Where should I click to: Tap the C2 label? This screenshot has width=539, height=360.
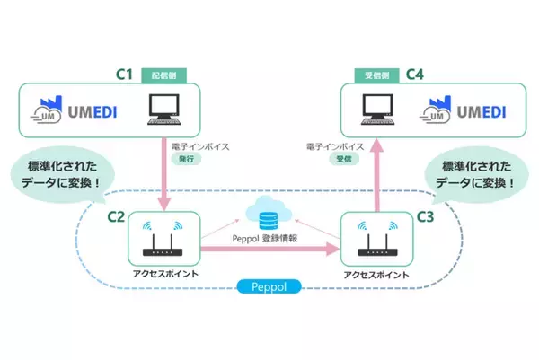click(x=117, y=216)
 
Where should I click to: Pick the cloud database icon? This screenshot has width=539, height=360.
click(x=266, y=213)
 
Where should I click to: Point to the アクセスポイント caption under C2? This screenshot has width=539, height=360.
click(x=161, y=273)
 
